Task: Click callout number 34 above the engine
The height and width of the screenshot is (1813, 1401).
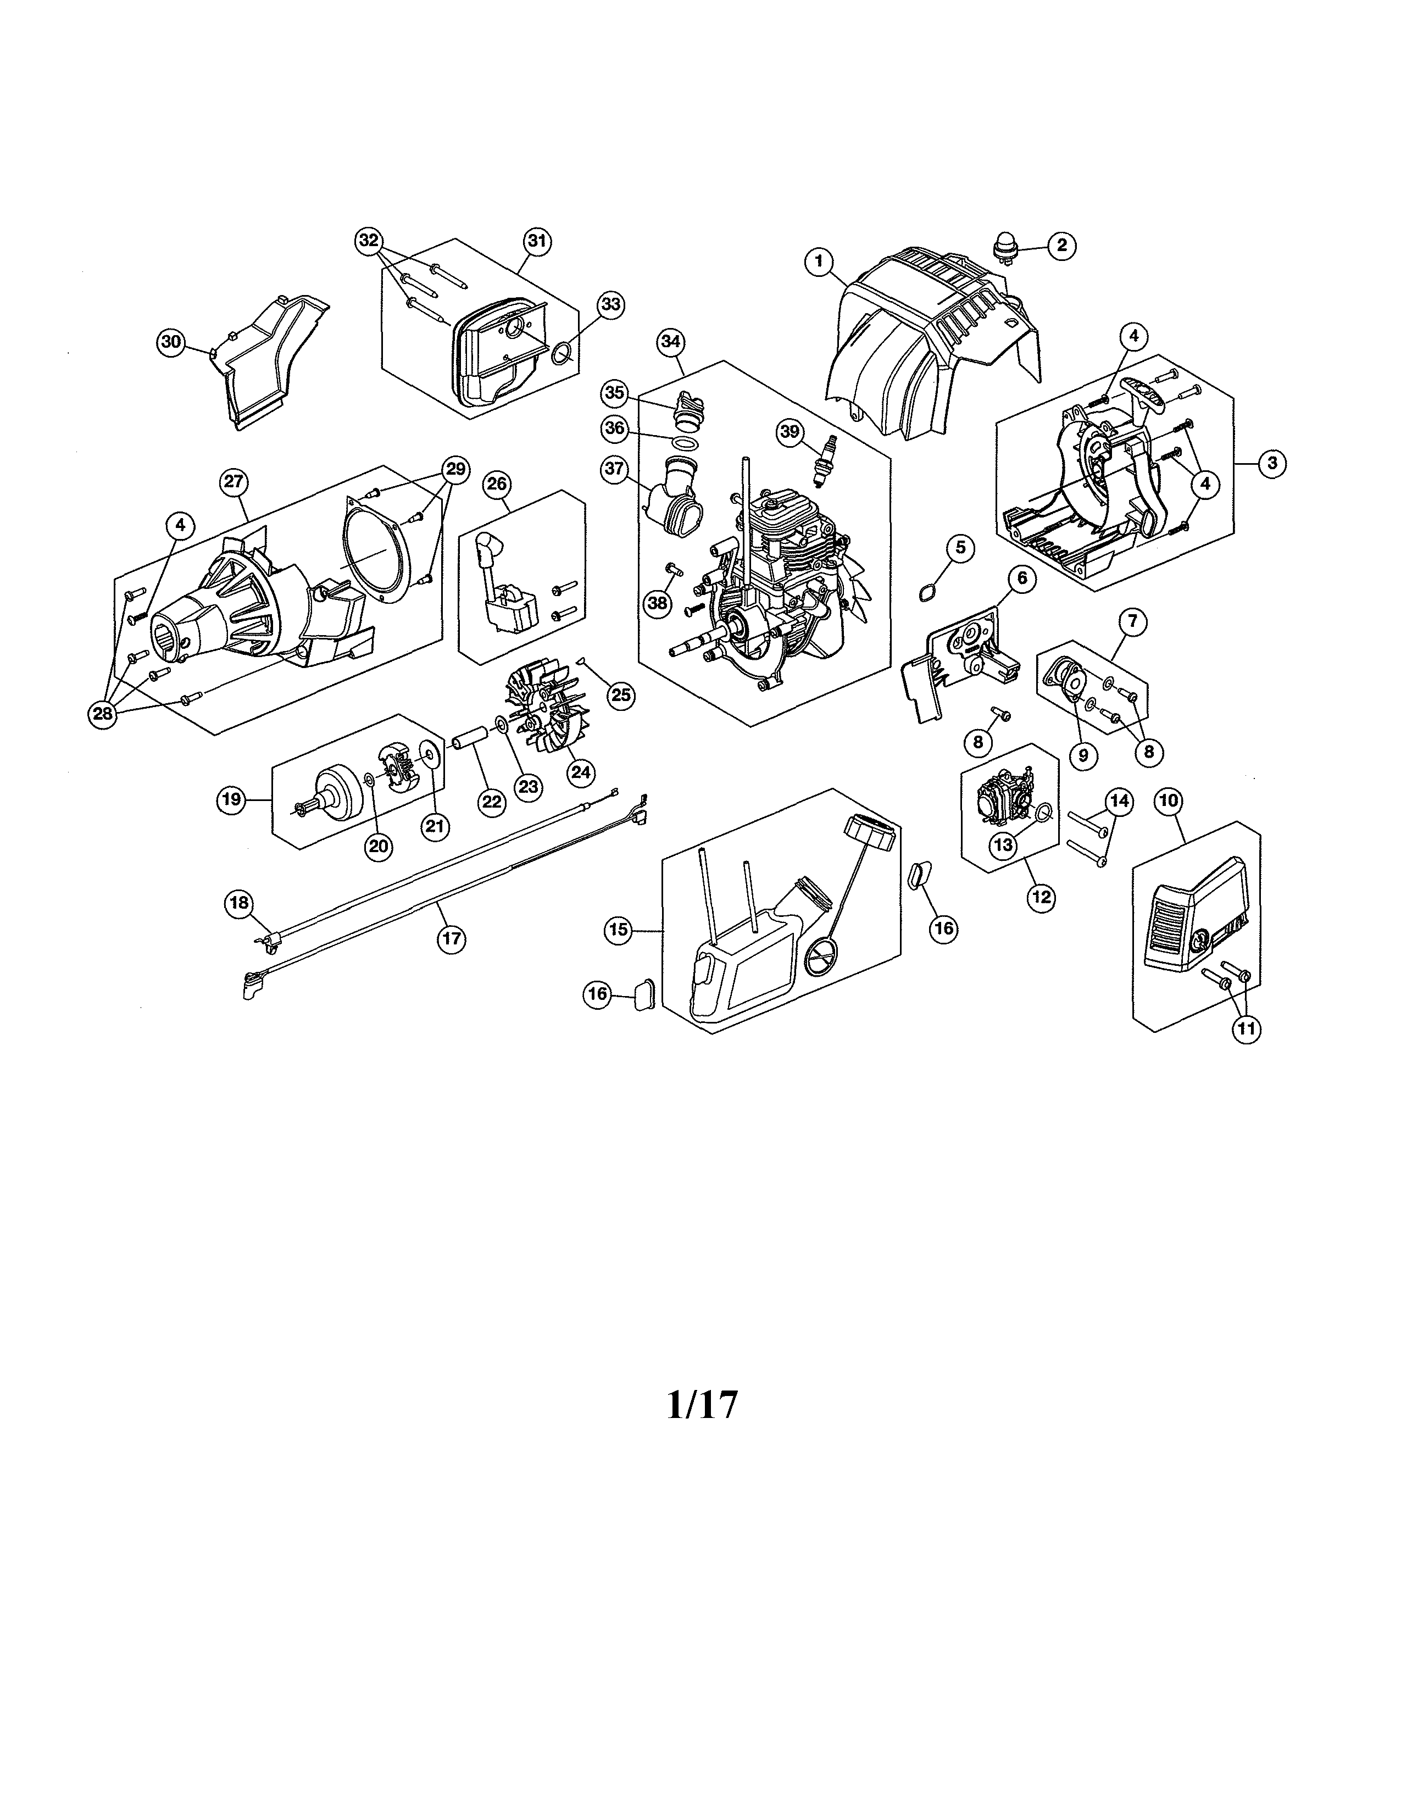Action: click(x=671, y=341)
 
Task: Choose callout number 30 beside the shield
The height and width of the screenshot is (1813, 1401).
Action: click(x=171, y=342)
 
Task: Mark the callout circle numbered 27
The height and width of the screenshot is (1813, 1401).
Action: click(x=234, y=481)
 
